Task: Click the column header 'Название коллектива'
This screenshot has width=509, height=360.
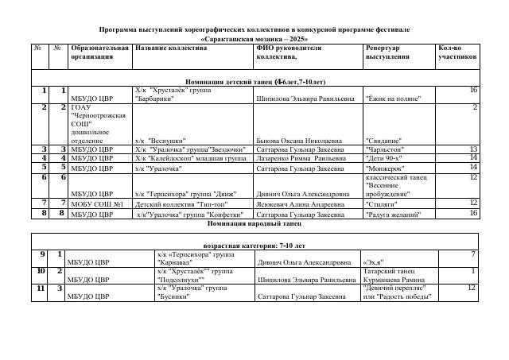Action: pos(171,48)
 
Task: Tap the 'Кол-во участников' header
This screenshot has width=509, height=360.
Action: pos(457,52)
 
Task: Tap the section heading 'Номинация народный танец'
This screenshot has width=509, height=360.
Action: pos(254,223)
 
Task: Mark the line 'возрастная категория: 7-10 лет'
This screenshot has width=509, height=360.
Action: pos(254,246)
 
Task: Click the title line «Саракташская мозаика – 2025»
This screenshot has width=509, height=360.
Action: pos(254,38)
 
